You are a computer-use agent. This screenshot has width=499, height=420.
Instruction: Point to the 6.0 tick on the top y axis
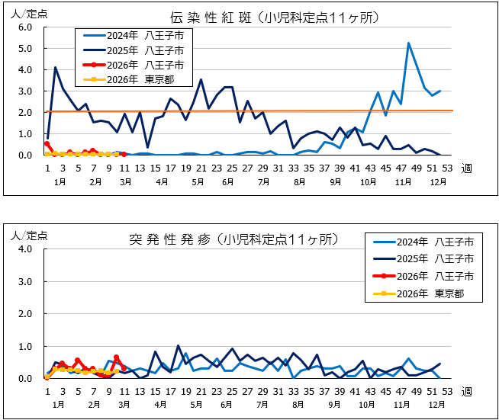pos(24,27)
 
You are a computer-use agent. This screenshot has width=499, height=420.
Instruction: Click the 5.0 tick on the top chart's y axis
pos(24,49)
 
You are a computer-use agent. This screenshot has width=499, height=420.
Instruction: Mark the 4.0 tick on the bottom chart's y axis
pos(24,249)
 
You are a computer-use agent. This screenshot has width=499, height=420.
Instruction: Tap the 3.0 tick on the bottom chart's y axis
pos(24,282)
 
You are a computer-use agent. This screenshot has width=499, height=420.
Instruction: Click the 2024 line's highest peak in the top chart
pos(409,43)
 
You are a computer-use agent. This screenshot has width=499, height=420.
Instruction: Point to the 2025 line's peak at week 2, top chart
pos(55,68)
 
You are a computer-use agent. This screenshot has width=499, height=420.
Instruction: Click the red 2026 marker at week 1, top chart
pos(47,143)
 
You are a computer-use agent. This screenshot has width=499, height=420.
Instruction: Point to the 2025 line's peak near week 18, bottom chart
pos(179,346)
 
